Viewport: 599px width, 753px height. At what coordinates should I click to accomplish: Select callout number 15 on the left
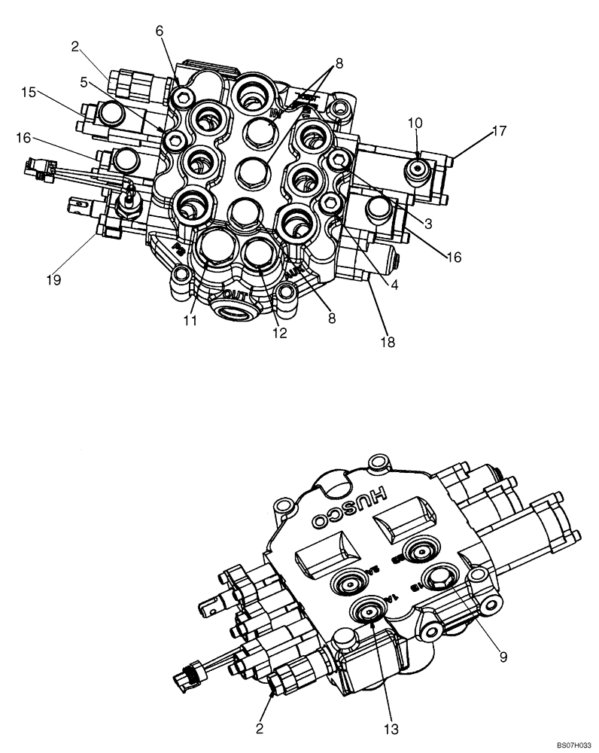point(29,92)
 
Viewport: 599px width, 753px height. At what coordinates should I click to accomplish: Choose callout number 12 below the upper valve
point(279,332)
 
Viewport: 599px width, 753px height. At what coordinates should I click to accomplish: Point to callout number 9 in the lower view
point(504,656)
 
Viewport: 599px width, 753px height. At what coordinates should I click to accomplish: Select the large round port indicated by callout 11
point(215,248)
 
